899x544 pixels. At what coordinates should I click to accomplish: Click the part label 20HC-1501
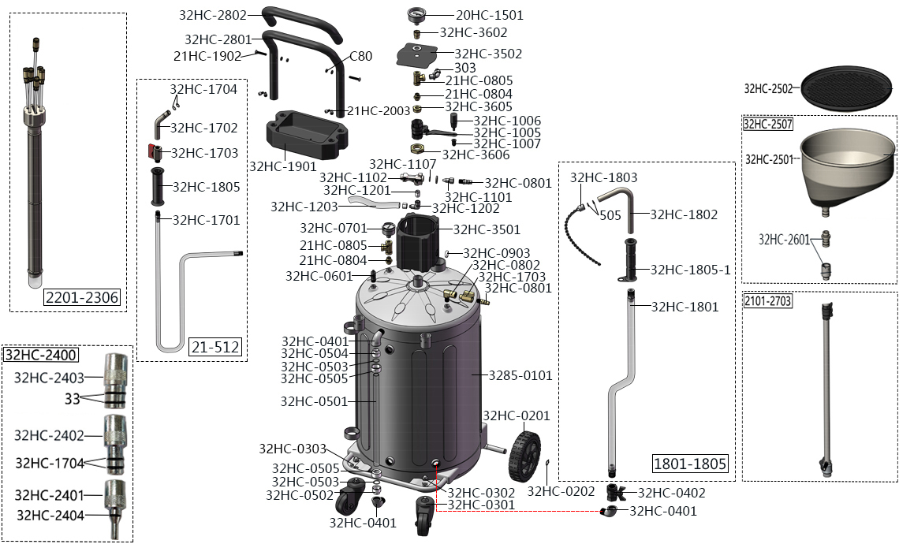click(x=489, y=15)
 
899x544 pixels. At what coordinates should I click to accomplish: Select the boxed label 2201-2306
click(x=81, y=297)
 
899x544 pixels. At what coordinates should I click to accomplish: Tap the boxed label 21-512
click(x=214, y=347)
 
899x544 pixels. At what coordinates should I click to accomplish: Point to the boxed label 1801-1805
click(x=690, y=464)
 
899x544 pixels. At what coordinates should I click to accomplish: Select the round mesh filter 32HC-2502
click(x=845, y=88)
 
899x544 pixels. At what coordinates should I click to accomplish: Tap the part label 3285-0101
click(x=520, y=375)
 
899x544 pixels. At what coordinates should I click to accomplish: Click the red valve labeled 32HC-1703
click(x=155, y=151)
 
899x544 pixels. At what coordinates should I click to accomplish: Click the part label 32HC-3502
click(x=488, y=54)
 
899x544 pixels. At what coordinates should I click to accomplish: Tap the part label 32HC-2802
click(x=213, y=15)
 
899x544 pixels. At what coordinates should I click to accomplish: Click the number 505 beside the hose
click(x=610, y=214)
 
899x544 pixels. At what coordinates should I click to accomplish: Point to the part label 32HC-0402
click(x=671, y=493)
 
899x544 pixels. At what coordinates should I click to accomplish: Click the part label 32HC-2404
click(x=50, y=515)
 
